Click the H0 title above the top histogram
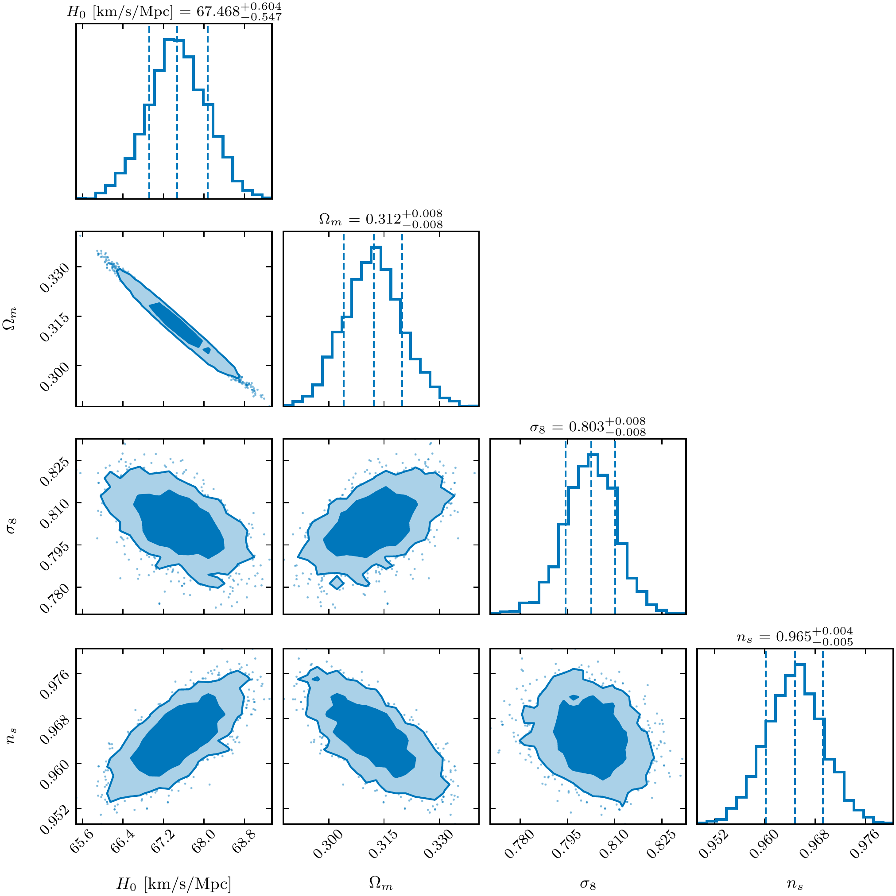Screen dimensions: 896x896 point(174,11)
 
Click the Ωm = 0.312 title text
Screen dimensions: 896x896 point(380,218)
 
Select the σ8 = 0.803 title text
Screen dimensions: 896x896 point(587,426)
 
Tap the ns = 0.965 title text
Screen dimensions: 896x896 point(795,637)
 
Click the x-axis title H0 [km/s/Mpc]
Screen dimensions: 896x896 point(174,884)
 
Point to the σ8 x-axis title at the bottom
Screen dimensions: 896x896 point(587,884)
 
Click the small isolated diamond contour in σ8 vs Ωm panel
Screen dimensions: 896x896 point(337,582)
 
